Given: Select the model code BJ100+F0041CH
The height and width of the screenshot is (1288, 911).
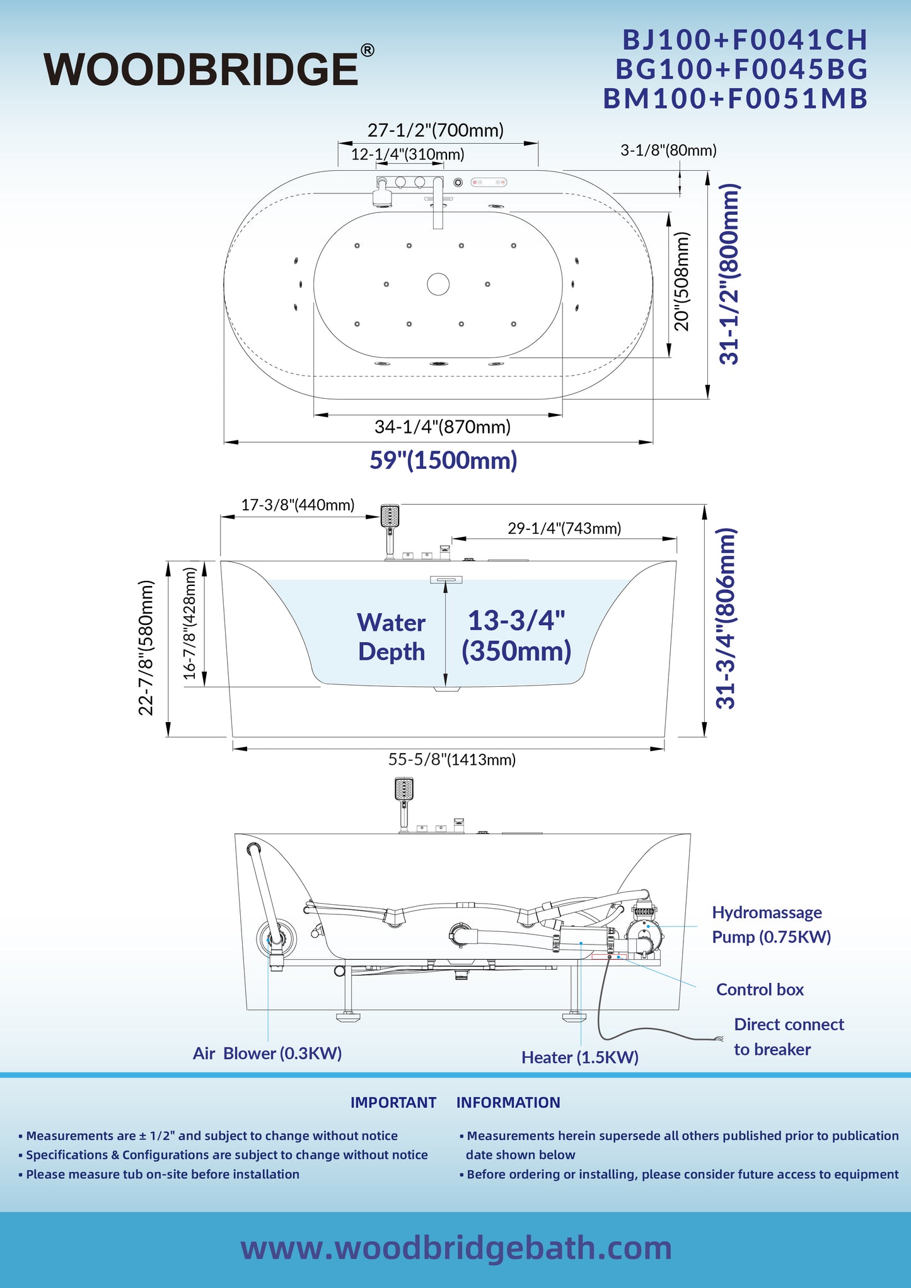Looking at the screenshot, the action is (745, 40).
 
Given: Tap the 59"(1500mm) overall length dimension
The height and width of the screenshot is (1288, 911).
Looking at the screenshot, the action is (443, 460).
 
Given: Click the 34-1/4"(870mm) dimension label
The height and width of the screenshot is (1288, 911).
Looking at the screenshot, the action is (443, 427).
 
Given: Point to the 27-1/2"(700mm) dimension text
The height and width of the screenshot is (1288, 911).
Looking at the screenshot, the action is (436, 130).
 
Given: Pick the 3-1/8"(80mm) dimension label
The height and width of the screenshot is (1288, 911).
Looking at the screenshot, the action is (668, 150).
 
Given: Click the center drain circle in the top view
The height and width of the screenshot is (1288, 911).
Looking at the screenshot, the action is (438, 284).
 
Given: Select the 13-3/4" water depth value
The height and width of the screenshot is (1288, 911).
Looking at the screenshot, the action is (516, 620).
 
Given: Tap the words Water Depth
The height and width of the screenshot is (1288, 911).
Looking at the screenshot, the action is (392, 636).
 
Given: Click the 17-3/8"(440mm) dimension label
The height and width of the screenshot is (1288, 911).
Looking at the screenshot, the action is (298, 505).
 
